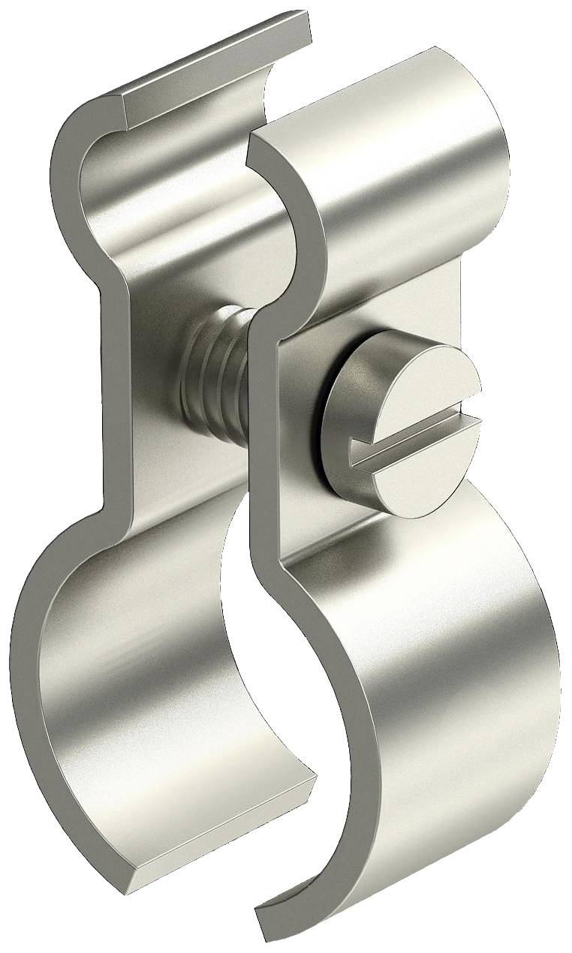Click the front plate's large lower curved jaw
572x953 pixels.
(x=450, y=675)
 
